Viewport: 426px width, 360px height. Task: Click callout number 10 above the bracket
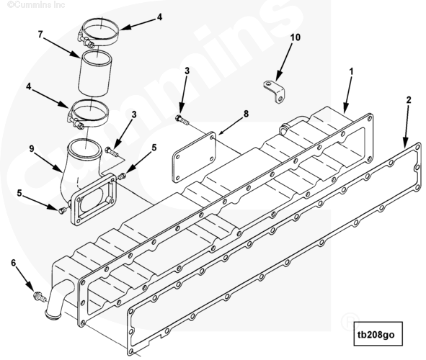(x=296, y=37)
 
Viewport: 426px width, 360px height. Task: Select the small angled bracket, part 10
(x=274, y=91)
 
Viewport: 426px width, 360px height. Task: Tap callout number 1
(x=351, y=71)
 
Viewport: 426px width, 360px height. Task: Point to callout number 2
(x=409, y=100)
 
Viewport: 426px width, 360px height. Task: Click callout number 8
(x=246, y=113)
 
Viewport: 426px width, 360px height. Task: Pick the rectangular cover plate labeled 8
(x=194, y=157)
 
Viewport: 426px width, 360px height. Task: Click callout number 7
(x=40, y=35)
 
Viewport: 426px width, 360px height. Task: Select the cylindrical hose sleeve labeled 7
(x=94, y=73)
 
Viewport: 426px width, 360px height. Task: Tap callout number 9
(x=32, y=148)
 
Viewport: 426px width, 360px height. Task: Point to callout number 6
(x=13, y=263)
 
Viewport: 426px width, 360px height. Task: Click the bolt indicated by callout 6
(x=40, y=297)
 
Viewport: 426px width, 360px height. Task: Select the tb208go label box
(x=378, y=334)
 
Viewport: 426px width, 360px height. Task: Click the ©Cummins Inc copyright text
(x=36, y=4)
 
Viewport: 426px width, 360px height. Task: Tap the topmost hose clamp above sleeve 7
(x=99, y=32)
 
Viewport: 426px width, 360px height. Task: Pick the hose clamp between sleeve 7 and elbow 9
(x=87, y=114)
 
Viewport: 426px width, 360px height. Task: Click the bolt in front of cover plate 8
(x=182, y=120)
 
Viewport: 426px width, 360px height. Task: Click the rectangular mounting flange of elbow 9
(x=94, y=199)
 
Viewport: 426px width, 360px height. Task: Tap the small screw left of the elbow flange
(x=62, y=210)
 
